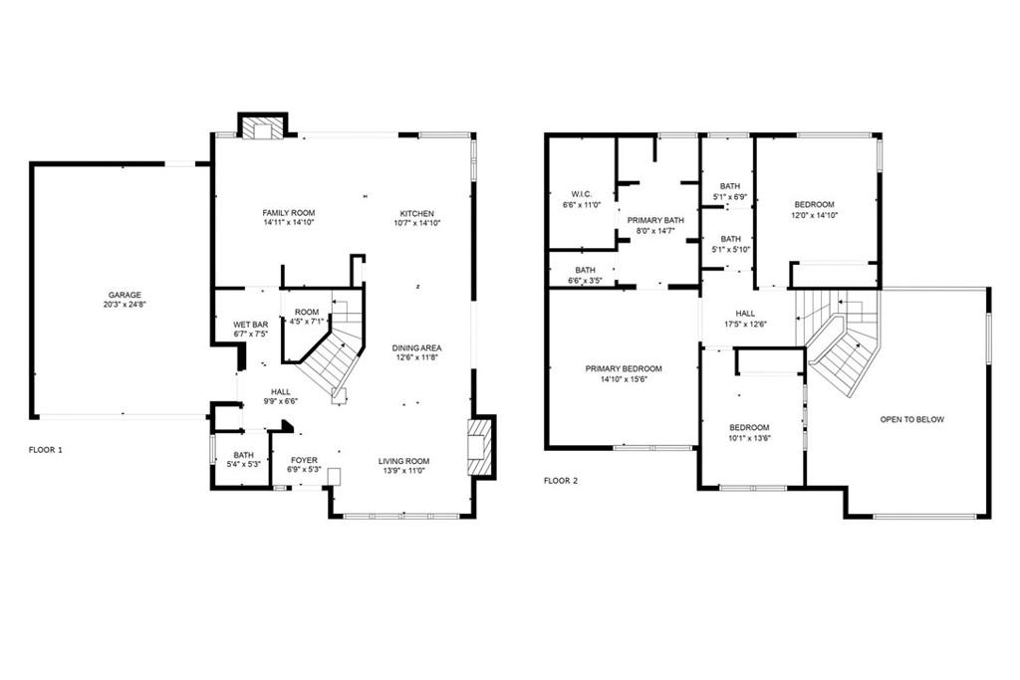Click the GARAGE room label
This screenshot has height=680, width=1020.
pyautogui.click(x=125, y=295)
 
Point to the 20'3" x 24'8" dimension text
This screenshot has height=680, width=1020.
pyautogui.click(x=125, y=305)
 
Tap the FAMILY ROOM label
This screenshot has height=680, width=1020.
pyautogui.click(x=288, y=213)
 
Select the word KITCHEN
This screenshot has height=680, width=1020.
pyautogui.click(x=416, y=213)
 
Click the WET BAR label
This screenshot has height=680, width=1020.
pyautogui.click(x=250, y=325)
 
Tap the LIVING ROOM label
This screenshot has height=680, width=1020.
pyautogui.click(x=403, y=461)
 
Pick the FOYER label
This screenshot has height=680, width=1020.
pyautogui.click(x=304, y=460)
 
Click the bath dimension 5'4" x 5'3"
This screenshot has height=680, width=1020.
pyautogui.click(x=244, y=464)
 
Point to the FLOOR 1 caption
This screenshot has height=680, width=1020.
pyautogui.click(x=45, y=450)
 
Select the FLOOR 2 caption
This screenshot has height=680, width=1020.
pyautogui.click(x=561, y=480)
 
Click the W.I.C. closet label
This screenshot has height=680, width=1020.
pyautogui.click(x=582, y=194)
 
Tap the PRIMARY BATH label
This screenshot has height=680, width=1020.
pyautogui.click(x=655, y=220)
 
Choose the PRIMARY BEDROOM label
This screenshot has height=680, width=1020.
pyautogui.click(x=624, y=368)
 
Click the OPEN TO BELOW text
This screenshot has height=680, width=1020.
pyautogui.click(x=911, y=419)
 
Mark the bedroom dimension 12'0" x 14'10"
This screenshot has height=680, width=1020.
pyautogui.click(x=815, y=215)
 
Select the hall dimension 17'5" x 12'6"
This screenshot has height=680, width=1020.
pyautogui.click(x=745, y=324)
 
